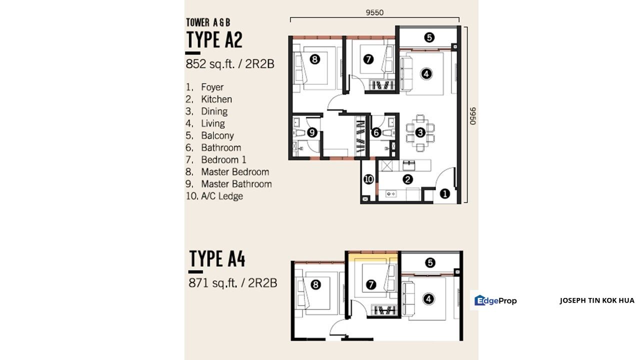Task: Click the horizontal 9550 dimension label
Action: click(x=374, y=12)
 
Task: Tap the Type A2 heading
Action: click(x=214, y=39)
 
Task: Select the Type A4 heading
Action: click(x=217, y=258)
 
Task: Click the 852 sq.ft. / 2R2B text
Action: click(x=230, y=63)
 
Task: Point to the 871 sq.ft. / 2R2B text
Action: click(x=233, y=283)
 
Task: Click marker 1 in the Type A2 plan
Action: click(x=444, y=194)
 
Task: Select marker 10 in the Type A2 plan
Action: click(x=368, y=179)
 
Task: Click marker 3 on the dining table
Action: click(x=420, y=132)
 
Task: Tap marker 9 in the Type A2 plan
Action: click(x=312, y=132)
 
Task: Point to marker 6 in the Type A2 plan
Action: click(x=376, y=132)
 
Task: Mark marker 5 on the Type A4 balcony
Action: click(x=430, y=262)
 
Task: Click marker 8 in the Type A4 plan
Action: click(x=315, y=284)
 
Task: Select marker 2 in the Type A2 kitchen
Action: click(x=407, y=179)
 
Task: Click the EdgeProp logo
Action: click(x=495, y=300)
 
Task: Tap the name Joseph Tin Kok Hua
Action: click(x=597, y=300)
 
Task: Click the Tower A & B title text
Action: click(x=208, y=22)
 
